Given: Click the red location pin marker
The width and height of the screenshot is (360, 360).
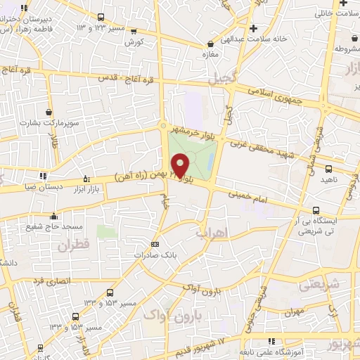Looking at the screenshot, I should (180, 165).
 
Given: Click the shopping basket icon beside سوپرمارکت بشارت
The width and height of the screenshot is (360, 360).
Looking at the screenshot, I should (49, 112).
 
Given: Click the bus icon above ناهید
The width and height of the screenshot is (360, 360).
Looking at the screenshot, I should (328, 169).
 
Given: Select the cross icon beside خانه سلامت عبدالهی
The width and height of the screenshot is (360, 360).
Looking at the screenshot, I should (253, 29).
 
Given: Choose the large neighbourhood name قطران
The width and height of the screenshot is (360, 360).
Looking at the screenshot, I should (76, 246).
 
